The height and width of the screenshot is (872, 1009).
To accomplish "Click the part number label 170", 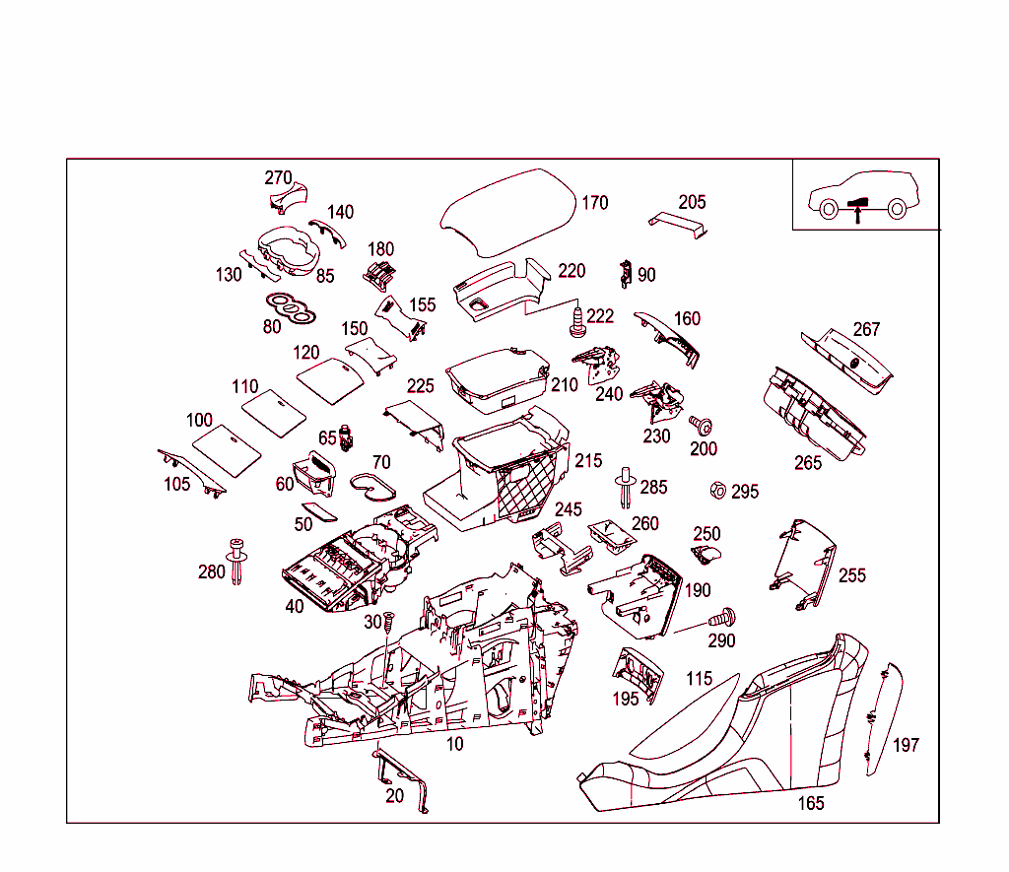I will pyautogui.click(x=594, y=203).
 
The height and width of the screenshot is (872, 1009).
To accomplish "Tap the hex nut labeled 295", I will pyautogui.click(x=718, y=490).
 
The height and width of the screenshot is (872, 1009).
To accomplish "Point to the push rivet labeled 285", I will pyautogui.click(x=625, y=488).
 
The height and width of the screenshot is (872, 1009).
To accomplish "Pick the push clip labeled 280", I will pyautogui.click(x=236, y=563).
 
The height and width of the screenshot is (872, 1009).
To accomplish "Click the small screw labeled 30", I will pyautogui.click(x=387, y=625).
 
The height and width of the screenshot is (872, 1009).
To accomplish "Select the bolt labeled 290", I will pyautogui.click(x=726, y=618).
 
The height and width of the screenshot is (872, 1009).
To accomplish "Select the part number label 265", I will pyautogui.click(x=808, y=463).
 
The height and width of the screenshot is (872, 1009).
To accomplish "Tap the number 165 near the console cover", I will pyautogui.click(x=810, y=803).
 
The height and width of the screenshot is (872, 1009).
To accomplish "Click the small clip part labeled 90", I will pyautogui.click(x=626, y=273).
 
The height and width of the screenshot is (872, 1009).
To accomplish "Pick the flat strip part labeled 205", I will pyautogui.click(x=679, y=224).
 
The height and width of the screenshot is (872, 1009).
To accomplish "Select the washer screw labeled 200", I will pyautogui.click(x=702, y=426).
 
